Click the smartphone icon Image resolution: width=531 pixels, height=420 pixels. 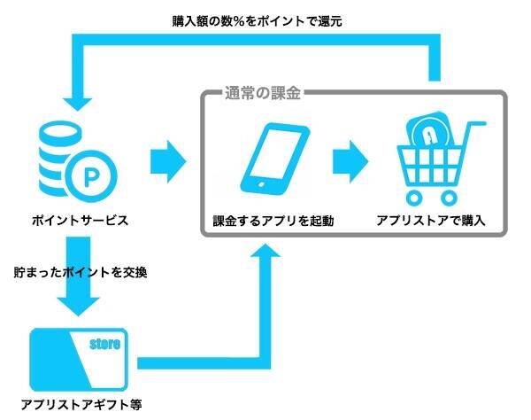tap(275, 160)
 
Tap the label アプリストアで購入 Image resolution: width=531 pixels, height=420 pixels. tap(431, 221)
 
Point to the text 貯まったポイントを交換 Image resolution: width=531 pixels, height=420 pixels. tap(80, 272)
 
